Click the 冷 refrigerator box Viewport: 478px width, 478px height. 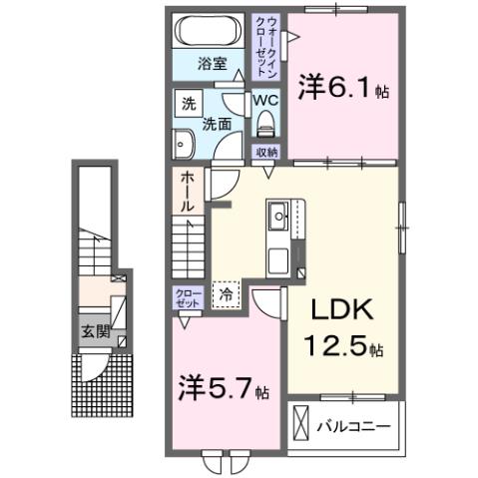[226, 294]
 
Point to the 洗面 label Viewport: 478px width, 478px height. [220, 126]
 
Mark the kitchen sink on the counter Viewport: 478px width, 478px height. [277, 215]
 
